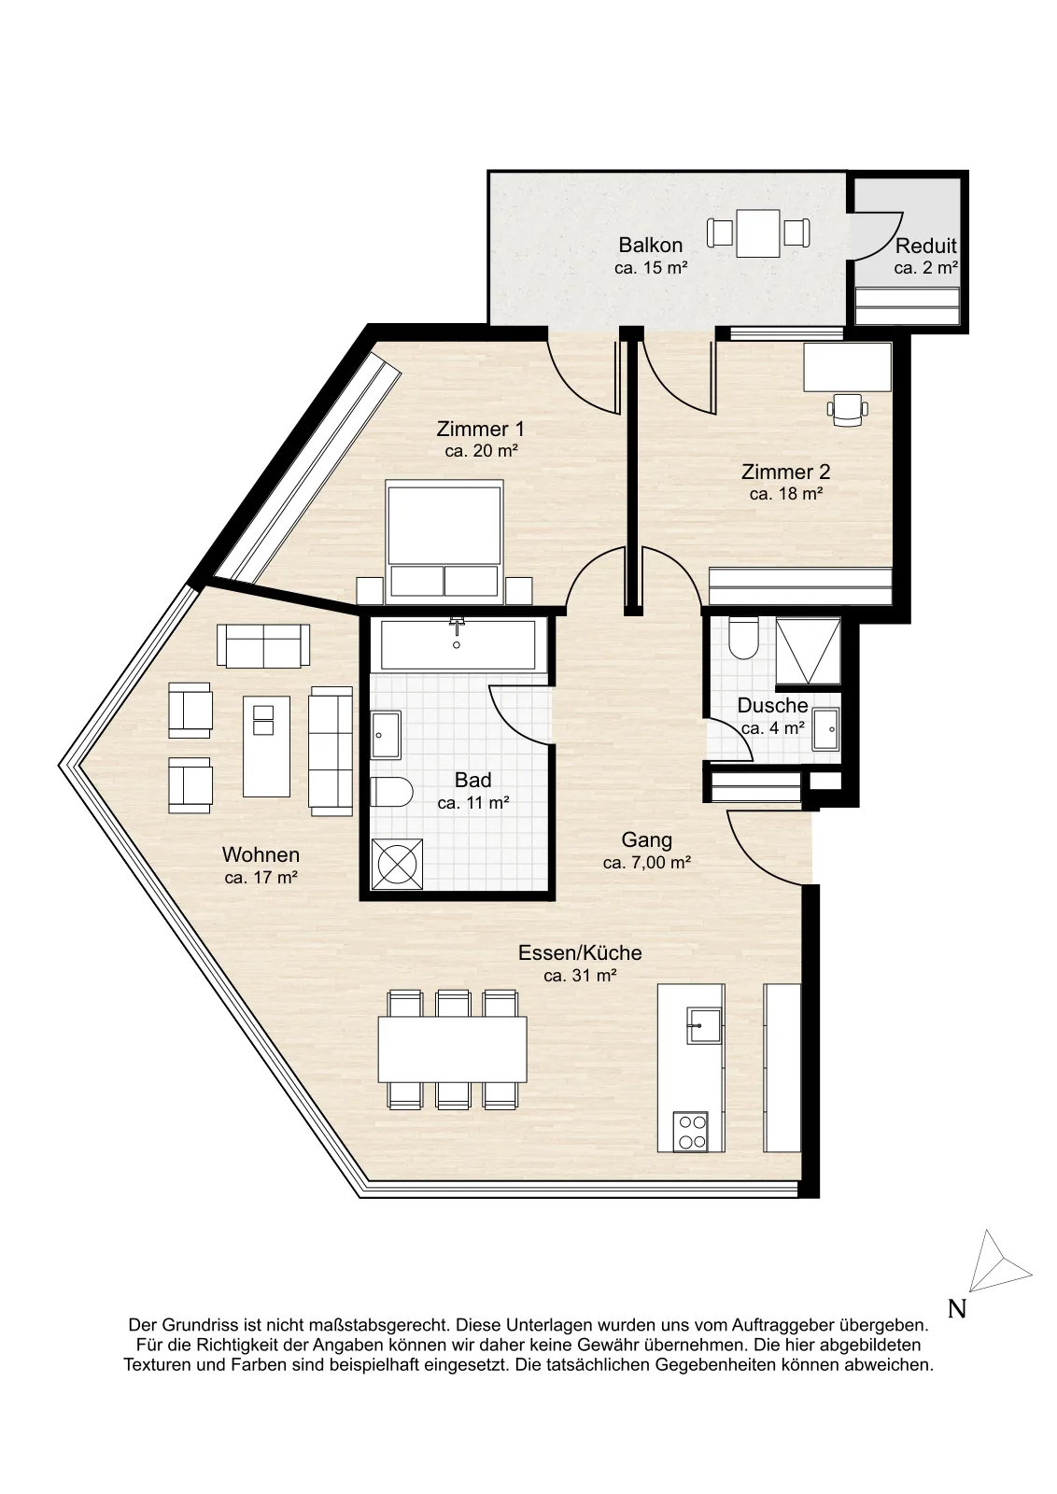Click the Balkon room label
click(650, 246)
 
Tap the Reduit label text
click(925, 247)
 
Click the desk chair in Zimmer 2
click(847, 409)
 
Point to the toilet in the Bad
click(391, 792)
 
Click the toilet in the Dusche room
click(741, 636)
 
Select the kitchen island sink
click(703, 1025)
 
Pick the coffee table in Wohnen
click(267, 746)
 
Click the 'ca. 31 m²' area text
click(580, 976)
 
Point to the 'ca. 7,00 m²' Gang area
click(646, 863)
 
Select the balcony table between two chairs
click(758, 233)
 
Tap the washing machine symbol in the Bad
click(397, 864)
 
